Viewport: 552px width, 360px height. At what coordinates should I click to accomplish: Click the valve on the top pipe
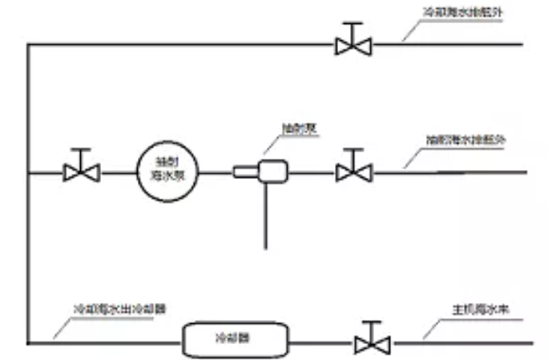[353, 45]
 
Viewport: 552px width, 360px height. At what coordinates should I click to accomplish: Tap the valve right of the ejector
[353, 172]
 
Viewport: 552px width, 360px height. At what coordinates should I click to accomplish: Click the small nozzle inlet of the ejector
[243, 172]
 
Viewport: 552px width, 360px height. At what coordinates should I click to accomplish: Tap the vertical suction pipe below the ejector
[265, 216]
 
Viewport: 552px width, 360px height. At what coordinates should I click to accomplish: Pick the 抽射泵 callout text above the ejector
[296, 128]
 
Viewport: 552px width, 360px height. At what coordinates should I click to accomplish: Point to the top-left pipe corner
[27, 45]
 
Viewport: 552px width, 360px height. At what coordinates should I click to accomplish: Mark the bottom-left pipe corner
[27, 344]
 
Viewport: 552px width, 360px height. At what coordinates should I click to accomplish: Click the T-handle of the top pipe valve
[353, 27]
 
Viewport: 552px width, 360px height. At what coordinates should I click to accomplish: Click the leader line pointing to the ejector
[272, 147]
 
